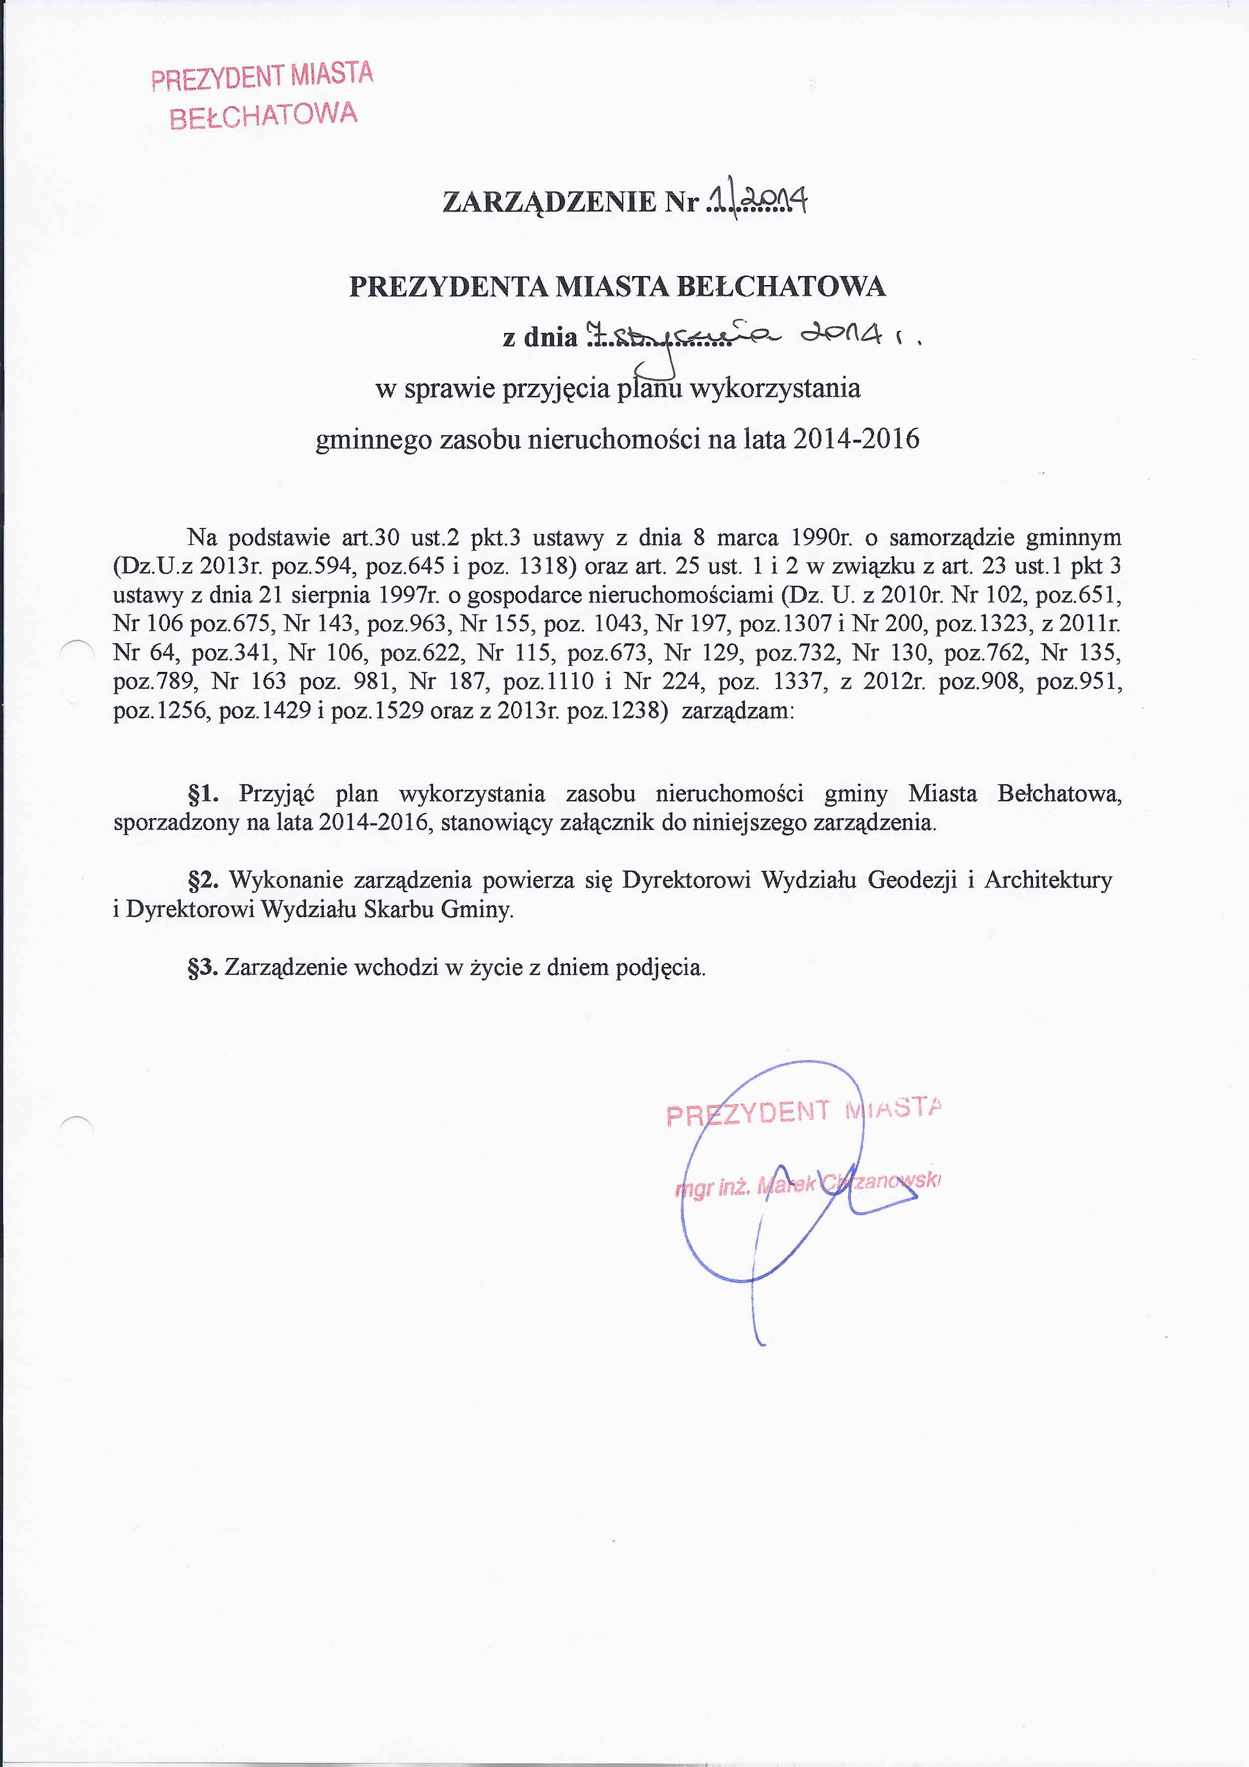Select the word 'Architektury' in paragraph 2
(1048, 879)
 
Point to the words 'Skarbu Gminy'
(438, 910)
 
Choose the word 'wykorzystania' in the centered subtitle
(774, 387)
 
